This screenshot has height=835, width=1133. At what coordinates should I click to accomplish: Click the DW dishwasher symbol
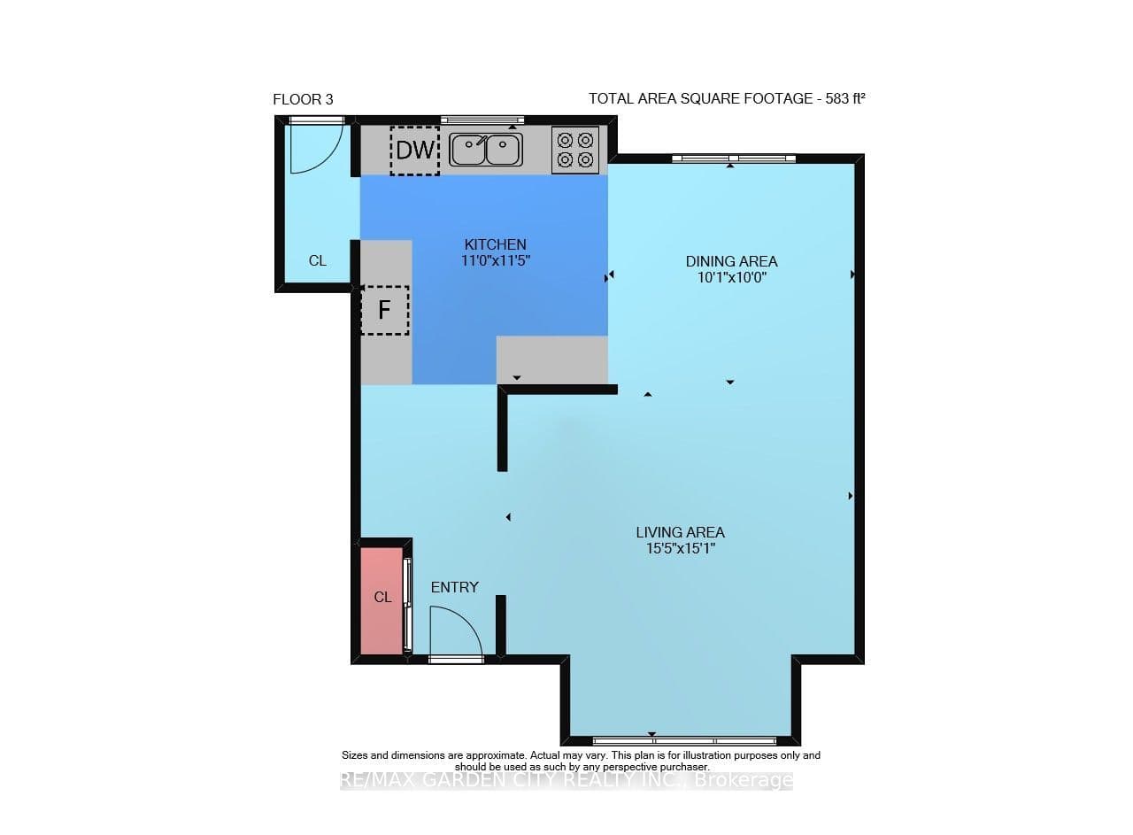pyautogui.click(x=415, y=151)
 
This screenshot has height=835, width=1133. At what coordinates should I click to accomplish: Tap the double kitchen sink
pyautogui.click(x=486, y=150)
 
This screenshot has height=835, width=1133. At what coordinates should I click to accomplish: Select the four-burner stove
pyautogui.click(x=575, y=151)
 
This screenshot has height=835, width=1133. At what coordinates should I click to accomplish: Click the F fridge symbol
pyautogui.click(x=385, y=310)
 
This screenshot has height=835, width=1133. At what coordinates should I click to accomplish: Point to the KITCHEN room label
pyautogui.click(x=495, y=245)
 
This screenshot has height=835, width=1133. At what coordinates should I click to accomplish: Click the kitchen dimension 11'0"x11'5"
pyautogui.click(x=495, y=261)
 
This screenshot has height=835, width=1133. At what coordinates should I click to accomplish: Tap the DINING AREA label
pyautogui.click(x=731, y=261)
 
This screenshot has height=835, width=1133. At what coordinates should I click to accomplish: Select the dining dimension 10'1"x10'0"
pyautogui.click(x=732, y=278)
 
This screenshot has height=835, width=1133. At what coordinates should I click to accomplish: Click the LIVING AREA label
pyautogui.click(x=681, y=532)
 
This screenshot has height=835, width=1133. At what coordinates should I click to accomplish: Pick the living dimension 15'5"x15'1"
pyautogui.click(x=681, y=549)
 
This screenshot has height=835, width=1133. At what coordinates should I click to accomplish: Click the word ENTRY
pyautogui.click(x=455, y=587)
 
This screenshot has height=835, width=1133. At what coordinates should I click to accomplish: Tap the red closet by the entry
pyautogui.click(x=382, y=600)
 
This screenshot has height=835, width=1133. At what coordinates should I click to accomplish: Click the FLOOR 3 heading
pyautogui.click(x=303, y=100)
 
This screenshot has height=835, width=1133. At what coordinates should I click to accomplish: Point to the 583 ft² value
pyautogui.click(x=845, y=98)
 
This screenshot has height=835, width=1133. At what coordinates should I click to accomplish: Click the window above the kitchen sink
pyautogui.click(x=482, y=120)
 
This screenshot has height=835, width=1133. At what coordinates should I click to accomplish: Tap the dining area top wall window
pyautogui.click(x=734, y=158)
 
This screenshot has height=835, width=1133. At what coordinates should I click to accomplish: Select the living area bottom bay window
pyautogui.click(x=684, y=741)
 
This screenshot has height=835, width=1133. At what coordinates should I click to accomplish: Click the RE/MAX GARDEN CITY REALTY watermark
pyautogui.click(x=566, y=780)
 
